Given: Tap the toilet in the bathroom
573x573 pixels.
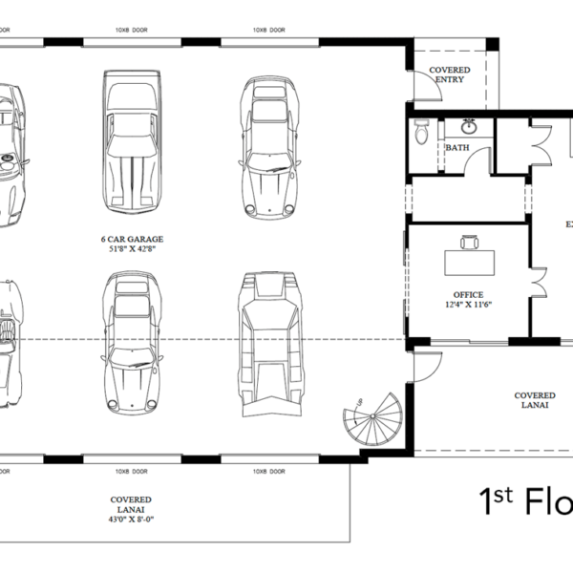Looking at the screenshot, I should click(x=422, y=134).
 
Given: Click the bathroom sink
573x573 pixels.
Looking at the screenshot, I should click(x=470, y=126).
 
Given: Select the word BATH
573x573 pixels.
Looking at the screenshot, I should click(x=456, y=148).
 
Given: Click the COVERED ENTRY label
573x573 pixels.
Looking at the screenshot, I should click(x=448, y=75).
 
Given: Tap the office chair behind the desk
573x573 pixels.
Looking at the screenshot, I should click(x=469, y=241).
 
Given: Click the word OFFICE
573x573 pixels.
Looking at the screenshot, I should click(x=468, y=295).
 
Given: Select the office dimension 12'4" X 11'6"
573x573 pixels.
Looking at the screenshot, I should click(x=468, y=306).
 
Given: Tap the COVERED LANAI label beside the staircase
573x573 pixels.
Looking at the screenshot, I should click(x=535, y=401).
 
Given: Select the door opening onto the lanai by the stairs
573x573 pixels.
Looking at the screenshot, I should click(x=427, y=361).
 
